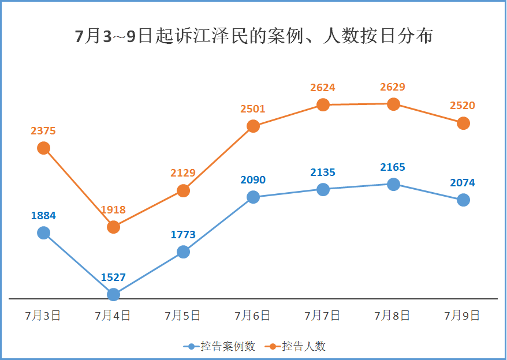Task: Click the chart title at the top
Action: click(x=254, y=36)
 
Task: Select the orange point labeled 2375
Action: click(x=43, y=148)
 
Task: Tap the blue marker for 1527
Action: click(x=113, y=294)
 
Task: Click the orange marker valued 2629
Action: click(x=393, y=104)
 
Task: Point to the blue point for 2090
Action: click(x=253, y=197)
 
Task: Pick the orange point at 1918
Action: click(x=113, y=227)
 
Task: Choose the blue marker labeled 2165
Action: click(x=393, y=184)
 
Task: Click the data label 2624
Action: click(x=322, y=88)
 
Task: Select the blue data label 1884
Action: click(x=43, y=216)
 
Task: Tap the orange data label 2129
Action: click(x=183, y=172)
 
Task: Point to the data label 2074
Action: click(x=463, y=183)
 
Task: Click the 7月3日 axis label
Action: click(x=43, y=316)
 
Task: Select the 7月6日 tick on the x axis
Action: click(x=253, y=316)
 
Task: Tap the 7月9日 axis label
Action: click(x=463, y=316)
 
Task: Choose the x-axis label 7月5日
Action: click(x=183, y=316)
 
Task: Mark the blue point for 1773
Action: click(x=183, y=252)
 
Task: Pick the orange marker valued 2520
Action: click(x=463, y=123)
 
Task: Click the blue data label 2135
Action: click(x=322, y=172)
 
